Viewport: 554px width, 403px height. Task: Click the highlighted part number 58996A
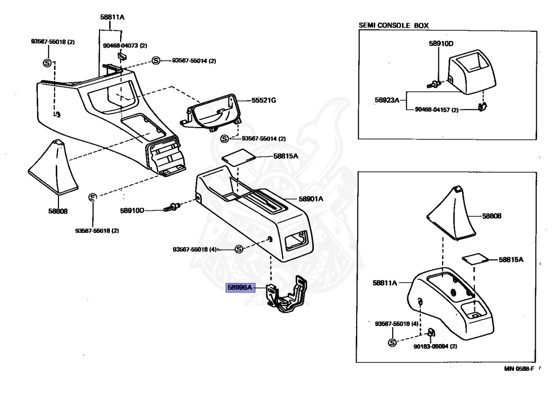(239, 288)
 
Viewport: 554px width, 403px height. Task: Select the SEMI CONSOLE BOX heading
(398, 25)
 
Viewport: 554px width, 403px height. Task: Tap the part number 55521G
(263, 100)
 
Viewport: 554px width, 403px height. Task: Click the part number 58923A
(386, 100)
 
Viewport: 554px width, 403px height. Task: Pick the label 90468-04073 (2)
(124, 46)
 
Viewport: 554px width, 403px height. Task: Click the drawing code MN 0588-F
(518, 368)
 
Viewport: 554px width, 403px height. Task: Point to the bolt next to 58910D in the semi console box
(434, 84)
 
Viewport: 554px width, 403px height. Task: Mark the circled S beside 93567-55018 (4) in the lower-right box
(392, 343)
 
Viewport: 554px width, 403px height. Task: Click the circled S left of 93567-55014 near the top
(156, 61)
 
